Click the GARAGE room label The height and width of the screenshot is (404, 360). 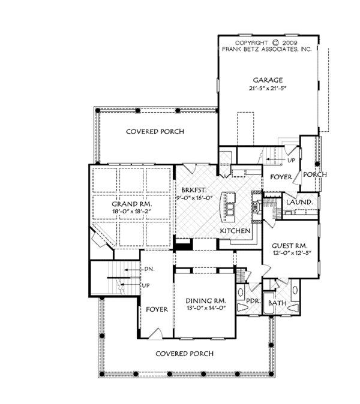[268, 80]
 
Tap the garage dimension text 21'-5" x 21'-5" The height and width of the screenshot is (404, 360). [268, 88]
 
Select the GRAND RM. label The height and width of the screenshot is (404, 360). [132, 204]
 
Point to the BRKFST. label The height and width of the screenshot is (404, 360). [194, 191]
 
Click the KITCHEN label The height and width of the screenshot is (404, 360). [235, 231]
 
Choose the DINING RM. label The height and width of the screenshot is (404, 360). [206, 301]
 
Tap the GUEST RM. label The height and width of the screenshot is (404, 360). [290, 246]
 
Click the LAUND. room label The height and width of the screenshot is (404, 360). [299, 202]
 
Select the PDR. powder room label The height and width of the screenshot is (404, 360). [253, 301]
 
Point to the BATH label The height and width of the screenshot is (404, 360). [277, 303]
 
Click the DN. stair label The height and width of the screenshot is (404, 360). [149, 269]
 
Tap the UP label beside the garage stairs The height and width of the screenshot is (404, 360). [291, 160]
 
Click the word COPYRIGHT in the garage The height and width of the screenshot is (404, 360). [251, 43]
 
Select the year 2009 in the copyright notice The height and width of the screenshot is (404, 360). [290, 43]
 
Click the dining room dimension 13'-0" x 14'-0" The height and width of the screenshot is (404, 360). [206, 308]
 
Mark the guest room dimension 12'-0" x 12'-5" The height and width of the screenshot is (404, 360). [292, 253]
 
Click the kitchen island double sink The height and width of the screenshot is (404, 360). [230, 209]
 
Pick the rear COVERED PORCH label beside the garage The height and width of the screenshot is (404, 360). [155, 132]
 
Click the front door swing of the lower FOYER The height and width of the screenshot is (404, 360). [155, 333]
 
